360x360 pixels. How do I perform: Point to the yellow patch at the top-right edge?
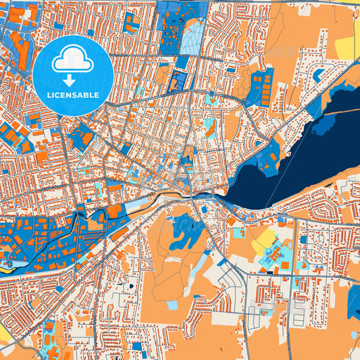(x=345, y=46)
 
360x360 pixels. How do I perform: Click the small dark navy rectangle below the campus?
(x=274, y=272)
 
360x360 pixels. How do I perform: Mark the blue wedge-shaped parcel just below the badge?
(x=82, y=135)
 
